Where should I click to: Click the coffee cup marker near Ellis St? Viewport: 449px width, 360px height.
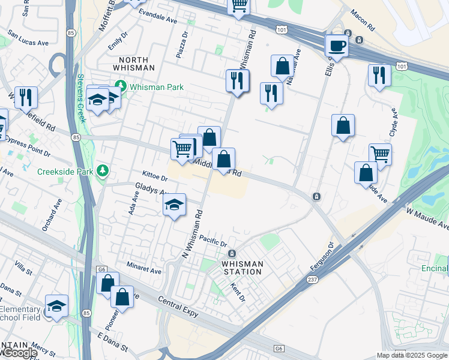pos(337,46)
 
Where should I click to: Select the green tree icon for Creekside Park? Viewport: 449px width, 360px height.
pos(103,172)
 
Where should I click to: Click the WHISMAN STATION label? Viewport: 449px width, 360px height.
pos(242,268)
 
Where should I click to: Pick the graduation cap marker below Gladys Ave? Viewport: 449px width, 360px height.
pos(175,206)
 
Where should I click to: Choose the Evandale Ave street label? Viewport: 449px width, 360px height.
pos(158,16)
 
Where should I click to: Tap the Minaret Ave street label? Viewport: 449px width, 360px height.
pos(144,268)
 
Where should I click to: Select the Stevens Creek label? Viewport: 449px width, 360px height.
pos(81,98)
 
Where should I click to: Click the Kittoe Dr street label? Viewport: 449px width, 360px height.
pos(155,174)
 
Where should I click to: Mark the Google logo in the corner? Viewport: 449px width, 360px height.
pos(19,353)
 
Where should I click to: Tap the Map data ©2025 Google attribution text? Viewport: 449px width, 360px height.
pos(412,355)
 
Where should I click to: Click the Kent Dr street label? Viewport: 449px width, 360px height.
pos(234,292)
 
